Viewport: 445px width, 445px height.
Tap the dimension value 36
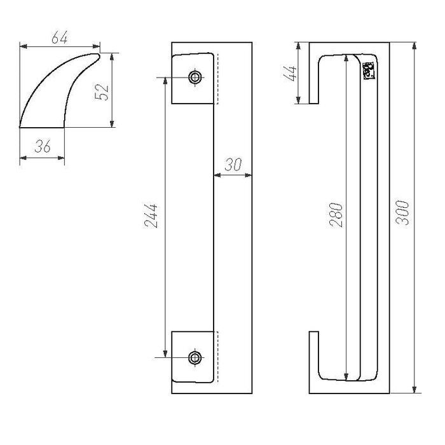click(43, 146)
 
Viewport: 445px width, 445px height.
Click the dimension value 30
click(233, 165)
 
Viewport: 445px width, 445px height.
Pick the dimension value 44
click(290, 72)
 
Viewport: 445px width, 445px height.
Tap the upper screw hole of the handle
click(195, 78)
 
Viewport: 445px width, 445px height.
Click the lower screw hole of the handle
click(195, 356)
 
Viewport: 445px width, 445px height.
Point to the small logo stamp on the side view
click(368, 70)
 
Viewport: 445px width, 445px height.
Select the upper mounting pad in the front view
click(194, 79)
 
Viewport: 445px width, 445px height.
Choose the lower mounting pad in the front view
click(194, 356)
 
